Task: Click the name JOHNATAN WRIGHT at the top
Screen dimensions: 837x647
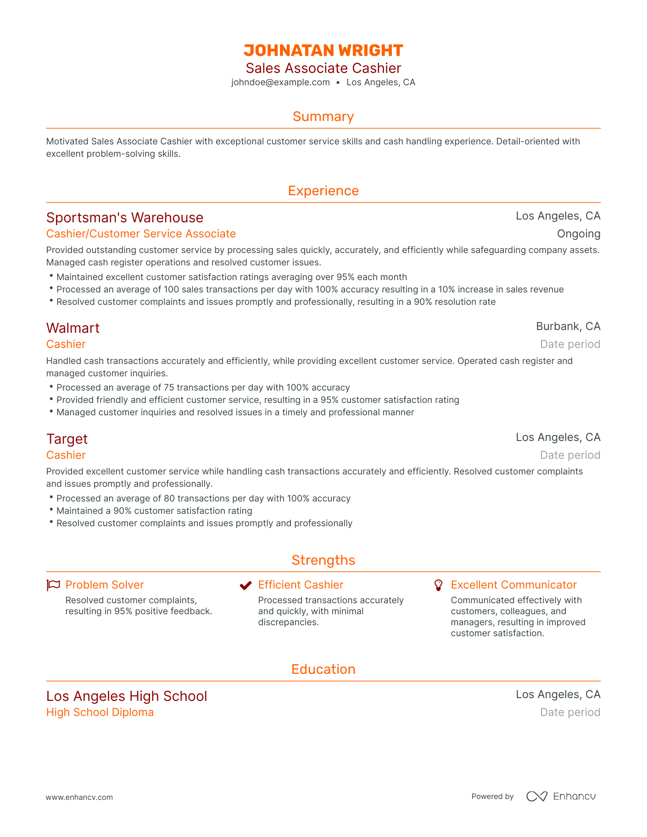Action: coord(323,50)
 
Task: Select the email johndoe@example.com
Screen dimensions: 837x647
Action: coord(280,83)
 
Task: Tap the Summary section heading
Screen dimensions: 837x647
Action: coord(323,116)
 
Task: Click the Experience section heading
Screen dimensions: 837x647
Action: coord(323,191)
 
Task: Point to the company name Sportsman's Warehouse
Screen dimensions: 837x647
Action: coord(125,218)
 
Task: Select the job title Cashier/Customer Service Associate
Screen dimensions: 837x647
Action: coord(141,234)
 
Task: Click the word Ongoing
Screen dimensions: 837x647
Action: coord(578,234)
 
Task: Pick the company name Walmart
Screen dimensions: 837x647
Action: coord(73,328)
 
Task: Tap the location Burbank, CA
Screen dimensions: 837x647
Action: coord(568,326)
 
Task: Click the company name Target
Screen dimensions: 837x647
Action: coord(67,439)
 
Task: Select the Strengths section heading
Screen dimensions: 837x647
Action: coord(323,560)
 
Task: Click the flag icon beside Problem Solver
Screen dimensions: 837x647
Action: coord(53,585)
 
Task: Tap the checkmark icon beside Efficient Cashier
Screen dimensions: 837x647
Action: coord(246,585)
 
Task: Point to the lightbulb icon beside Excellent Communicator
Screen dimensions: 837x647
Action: coord(439,585)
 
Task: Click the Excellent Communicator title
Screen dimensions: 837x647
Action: coord(513,585)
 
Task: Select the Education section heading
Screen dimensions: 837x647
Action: coord(323,669)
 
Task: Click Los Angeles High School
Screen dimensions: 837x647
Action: coord(127,696)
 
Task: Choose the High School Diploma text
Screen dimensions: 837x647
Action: coord(100,712)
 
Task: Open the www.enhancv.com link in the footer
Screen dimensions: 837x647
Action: coord(79,797)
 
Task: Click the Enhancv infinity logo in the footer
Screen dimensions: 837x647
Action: coord(536,796)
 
